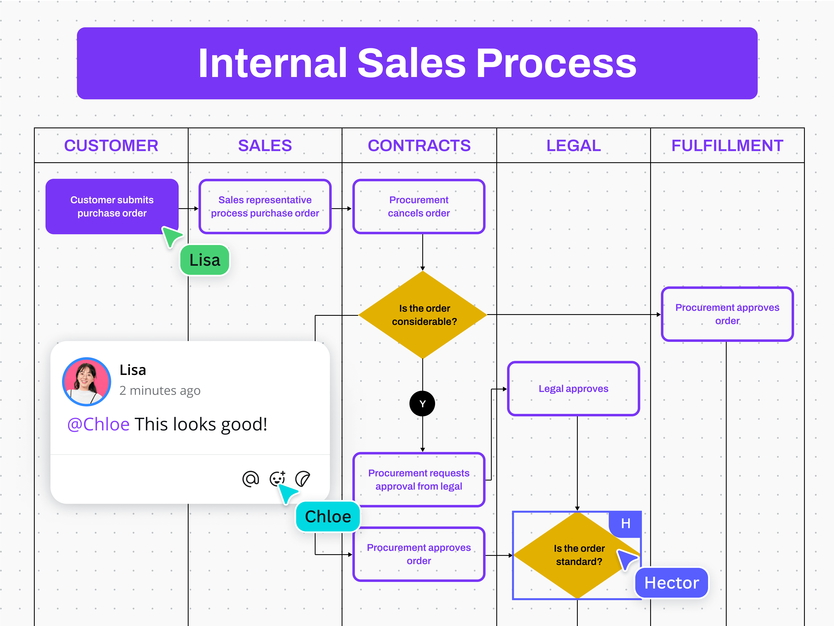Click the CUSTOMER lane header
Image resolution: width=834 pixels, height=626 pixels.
click(111, 146)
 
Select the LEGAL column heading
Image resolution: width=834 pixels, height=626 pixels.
click(573, 146)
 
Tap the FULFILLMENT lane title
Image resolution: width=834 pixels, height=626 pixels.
click(727, 146)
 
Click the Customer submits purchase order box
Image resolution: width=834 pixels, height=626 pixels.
click(112, 206)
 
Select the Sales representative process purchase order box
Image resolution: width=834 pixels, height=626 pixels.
click(265, 206)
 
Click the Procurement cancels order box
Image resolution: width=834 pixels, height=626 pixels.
click(419, 206)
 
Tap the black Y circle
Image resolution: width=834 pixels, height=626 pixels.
click(422, 404)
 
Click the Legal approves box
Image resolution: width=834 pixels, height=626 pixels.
click(573, 389)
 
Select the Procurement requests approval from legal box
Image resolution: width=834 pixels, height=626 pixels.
click(419, 480)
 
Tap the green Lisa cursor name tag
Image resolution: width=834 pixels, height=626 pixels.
click(205, 260)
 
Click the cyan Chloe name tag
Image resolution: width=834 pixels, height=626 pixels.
click(328, 517)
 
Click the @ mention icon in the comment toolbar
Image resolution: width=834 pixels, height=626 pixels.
click(251, 479)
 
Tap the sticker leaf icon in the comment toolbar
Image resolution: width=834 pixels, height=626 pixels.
click(302, 479)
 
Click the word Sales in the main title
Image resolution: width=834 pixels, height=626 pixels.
click(412, 63)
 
